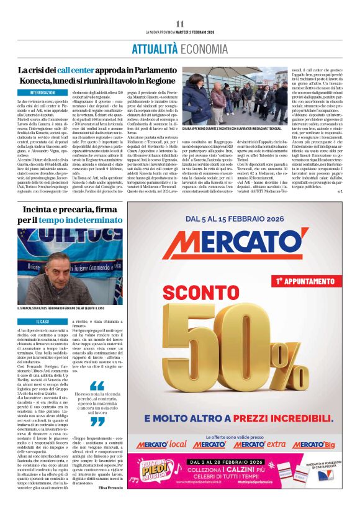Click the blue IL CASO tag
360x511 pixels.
pyautogui.click(x=42, y=321)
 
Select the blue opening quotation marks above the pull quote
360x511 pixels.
pyautogui.click(x=96, y=386)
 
